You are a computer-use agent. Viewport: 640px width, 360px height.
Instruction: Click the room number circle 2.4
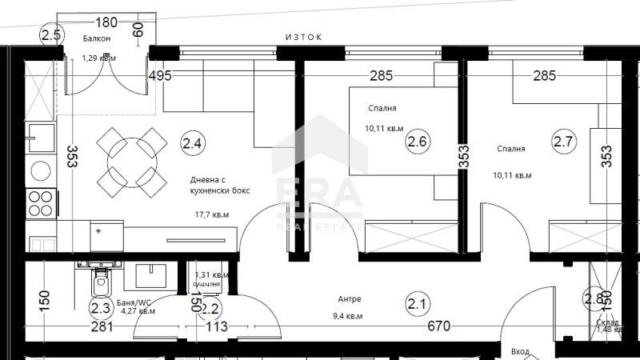pos(193,144)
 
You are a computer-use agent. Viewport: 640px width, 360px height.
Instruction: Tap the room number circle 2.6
pos(418,142)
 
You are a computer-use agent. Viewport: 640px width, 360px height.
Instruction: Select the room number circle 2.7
pos(563,142)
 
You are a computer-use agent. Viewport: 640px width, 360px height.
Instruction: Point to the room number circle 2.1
pos(417,303)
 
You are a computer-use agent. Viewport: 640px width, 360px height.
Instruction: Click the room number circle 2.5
pos(51,34)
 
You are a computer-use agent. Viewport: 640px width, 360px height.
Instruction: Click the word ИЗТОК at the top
pos(306,37)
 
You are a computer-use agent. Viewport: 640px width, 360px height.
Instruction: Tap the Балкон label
pos(97,38)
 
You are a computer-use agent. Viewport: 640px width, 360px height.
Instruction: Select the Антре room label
pos(350,299)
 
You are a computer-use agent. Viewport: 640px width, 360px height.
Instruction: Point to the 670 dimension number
pos(438,326)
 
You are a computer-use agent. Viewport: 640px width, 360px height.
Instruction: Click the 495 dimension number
pos(161,77)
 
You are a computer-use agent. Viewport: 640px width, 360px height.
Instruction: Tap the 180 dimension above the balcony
pos(107,22)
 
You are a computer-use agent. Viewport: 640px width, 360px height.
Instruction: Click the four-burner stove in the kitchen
pos(40,203)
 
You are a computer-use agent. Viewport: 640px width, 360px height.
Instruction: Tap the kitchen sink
pos(41,137)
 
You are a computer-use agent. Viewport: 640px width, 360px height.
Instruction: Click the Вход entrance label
pos(519,352)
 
